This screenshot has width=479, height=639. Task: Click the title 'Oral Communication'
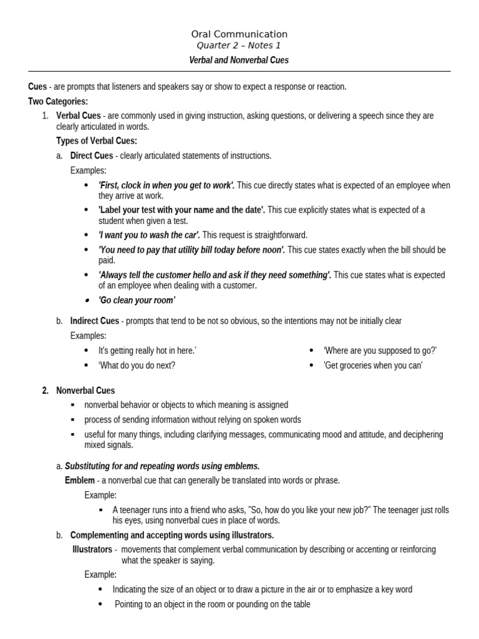coord(239,34)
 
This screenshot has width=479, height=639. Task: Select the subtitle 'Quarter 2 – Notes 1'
coord(239,46)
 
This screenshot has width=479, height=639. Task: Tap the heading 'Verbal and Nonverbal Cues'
coord(239,61)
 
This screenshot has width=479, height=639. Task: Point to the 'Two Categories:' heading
coord(58,101)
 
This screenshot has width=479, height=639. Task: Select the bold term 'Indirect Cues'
coord(94,321)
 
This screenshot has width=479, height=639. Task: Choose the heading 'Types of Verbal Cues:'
coord(97,140)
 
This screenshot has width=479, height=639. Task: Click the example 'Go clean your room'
coord(137,300)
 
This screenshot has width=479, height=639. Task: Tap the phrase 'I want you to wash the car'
coord(148,235)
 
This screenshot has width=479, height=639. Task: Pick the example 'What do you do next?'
coord(137,365)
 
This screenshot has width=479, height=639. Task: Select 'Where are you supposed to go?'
coord(380,350)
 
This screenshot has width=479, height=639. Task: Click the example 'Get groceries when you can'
coord(373,365)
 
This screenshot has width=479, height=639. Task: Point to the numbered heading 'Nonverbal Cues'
coord(85,390)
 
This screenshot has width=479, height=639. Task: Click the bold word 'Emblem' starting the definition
coord(80,480)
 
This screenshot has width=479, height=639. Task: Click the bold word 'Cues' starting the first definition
coord(37,87)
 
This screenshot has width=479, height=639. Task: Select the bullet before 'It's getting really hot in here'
coord(86,351)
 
